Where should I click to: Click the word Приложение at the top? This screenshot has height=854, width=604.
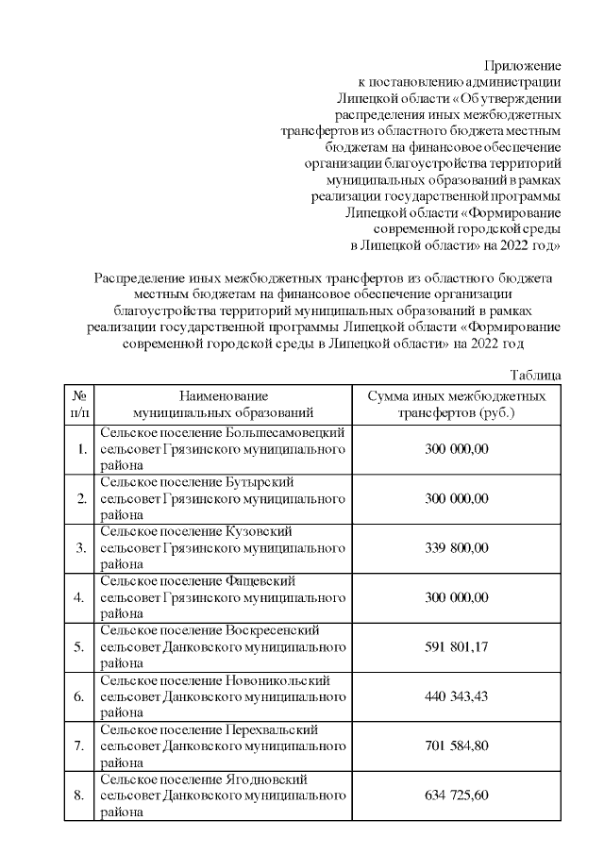click(x=523, y=66)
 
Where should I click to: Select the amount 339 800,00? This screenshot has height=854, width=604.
click(x=457, y=547)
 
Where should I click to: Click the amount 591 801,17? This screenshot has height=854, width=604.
click(x=457, y=646)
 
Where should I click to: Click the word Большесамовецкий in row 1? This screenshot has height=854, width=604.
click(x=284, y=432)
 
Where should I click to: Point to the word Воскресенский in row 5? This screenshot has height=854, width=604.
click(x=274, y=630)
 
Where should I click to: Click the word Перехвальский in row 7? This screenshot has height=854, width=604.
click(x=273, y=729)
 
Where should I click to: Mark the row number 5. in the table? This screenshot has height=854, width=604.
click(x=81, y=646)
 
